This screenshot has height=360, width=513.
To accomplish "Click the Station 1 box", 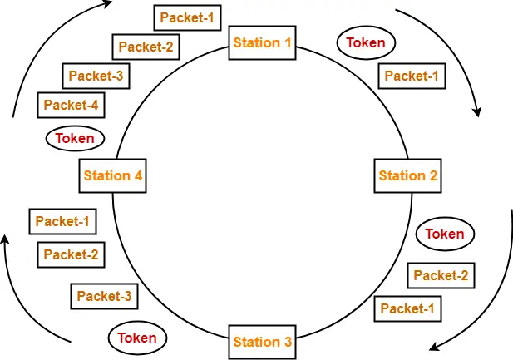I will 262,42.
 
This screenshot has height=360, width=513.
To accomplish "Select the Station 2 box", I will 407,175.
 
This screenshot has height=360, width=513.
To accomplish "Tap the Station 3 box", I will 262,342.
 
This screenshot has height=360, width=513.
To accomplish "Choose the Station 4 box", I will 113,175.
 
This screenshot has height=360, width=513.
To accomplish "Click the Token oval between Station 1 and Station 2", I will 366,42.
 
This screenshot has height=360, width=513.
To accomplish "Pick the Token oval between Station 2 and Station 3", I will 445,234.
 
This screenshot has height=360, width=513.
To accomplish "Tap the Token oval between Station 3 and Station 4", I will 137,338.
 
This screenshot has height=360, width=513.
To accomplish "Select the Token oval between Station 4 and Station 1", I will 75,138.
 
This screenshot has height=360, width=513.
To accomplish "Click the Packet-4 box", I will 71,105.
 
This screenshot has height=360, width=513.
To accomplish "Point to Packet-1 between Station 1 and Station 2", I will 411,76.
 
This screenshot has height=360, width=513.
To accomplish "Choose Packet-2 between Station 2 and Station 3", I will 441,275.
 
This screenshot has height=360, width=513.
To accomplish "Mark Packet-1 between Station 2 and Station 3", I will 407,308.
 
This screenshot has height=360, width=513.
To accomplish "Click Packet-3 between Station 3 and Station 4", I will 104,295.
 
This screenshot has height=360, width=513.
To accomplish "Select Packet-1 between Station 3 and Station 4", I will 62,221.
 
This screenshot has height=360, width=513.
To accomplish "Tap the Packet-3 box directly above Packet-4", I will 96,76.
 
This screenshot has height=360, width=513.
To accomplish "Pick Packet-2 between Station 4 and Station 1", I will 145,47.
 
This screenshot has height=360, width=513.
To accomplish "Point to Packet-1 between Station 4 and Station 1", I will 187,17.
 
